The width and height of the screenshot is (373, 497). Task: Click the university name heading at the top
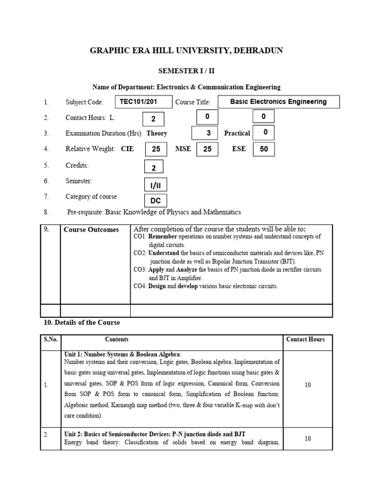click(186, 50)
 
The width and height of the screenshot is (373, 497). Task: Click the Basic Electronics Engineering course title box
click(278, 102)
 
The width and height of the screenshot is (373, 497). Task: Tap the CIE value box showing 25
click(156, 149)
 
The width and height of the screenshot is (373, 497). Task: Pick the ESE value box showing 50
click(264, 149)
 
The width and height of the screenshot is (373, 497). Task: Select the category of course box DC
click(155, 200)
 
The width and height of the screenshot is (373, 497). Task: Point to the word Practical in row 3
click(237, 133)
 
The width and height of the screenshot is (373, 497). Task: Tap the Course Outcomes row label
click(91, 230)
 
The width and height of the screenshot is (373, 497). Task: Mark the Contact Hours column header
click(305, 339)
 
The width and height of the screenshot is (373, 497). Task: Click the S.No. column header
click(50, 339)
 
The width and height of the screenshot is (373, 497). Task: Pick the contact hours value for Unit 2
click(307, 439)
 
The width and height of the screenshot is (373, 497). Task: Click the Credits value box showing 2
click(154, 167)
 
